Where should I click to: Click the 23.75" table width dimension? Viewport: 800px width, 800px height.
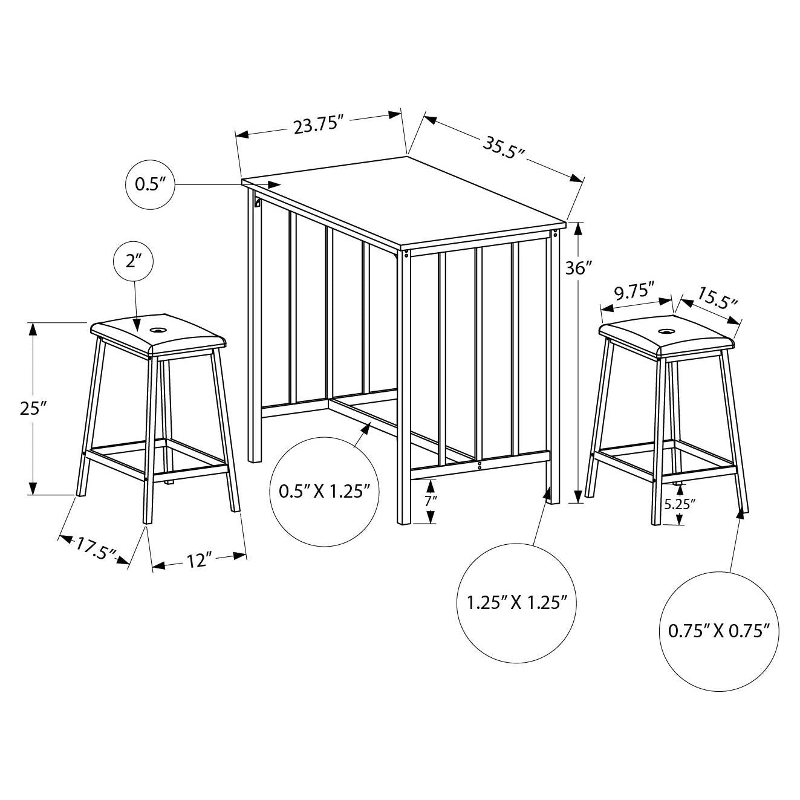(319, 125)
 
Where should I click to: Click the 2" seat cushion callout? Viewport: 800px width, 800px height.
(133, 262)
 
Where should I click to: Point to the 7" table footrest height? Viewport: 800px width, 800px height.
(430, 501)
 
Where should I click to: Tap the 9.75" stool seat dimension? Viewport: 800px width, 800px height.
(634, 292)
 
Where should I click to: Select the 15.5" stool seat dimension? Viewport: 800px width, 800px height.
(717, 298)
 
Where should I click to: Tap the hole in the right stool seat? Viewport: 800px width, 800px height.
(666, 331)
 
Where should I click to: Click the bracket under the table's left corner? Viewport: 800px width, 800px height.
(258, 203)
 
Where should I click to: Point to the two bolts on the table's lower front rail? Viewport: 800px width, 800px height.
(480, 466)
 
